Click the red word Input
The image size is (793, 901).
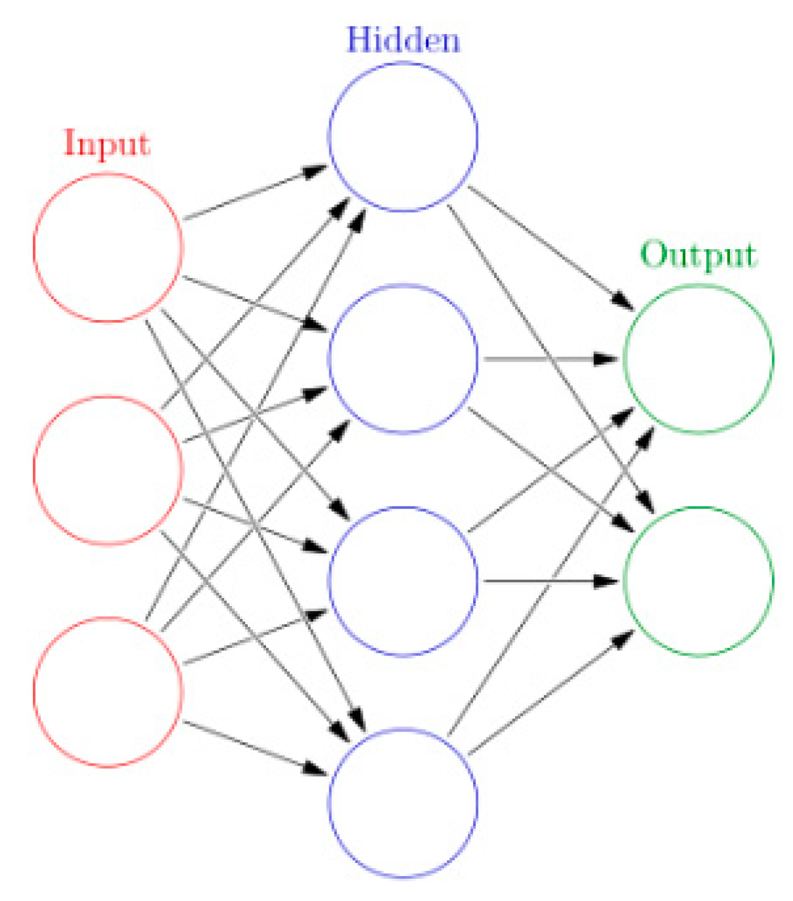pos(106,143)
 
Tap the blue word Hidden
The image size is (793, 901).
pos(403,40)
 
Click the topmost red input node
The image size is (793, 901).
pos(108,248)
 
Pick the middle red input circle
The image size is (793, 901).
pos(108,470)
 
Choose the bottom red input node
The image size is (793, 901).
pos(108,691)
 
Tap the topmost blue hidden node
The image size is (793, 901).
pos(403,137)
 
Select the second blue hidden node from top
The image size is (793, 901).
pos(403,359)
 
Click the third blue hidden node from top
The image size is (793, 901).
pos(403,581)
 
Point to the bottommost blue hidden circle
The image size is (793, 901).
pos(403,802)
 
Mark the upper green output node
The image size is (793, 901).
pos(698,359)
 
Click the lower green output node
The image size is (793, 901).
pos(698,581)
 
